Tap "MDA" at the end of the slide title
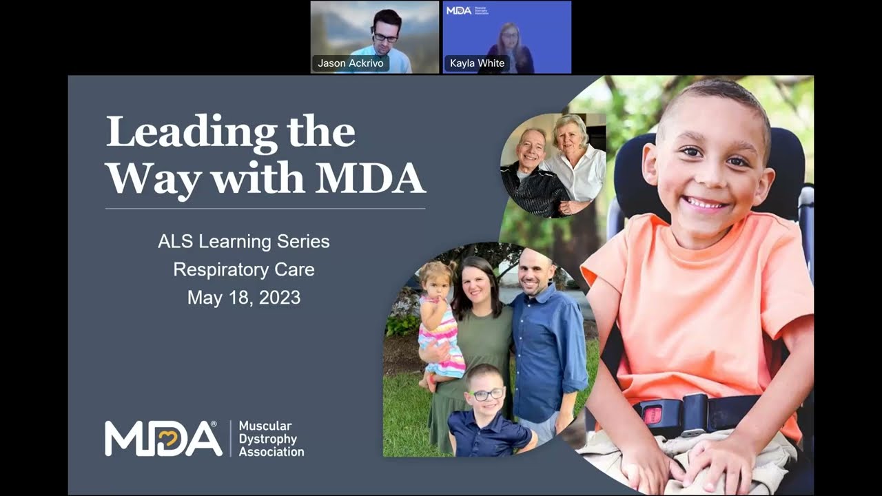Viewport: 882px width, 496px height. click(x=370, y=178)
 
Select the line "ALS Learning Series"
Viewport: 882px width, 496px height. click(x=243, y=242)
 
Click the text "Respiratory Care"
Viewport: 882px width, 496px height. click(x=243, y=269)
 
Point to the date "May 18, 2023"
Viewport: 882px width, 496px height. click(x=243, y=298)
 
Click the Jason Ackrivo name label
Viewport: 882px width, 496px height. click(x=351, y=63)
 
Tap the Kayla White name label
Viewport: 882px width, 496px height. click(x=477, y=63)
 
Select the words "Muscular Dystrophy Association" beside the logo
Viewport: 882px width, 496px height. click(x=271, y=439)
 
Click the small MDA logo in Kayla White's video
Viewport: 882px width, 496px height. click(x=459, y=11)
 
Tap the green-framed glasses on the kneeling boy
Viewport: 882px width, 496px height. click(x=487, y=394)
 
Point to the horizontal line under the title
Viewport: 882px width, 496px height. click(x=265, y=208)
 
